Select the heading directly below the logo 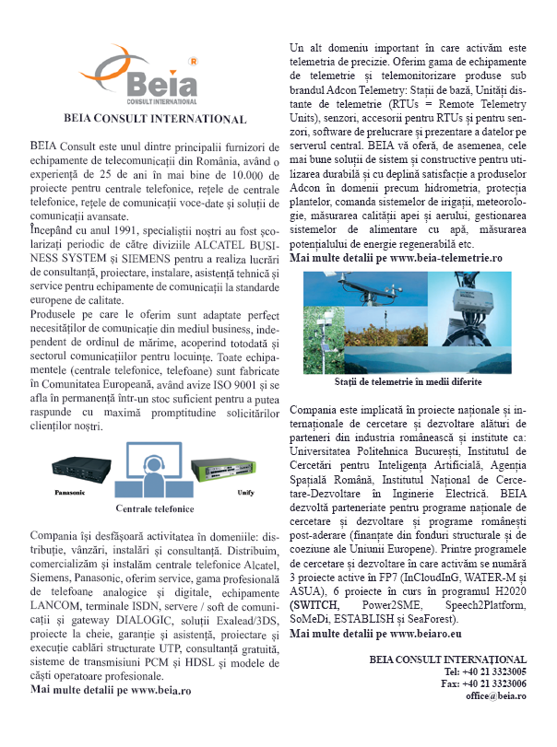(154, 120)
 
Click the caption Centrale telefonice (154, 508)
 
